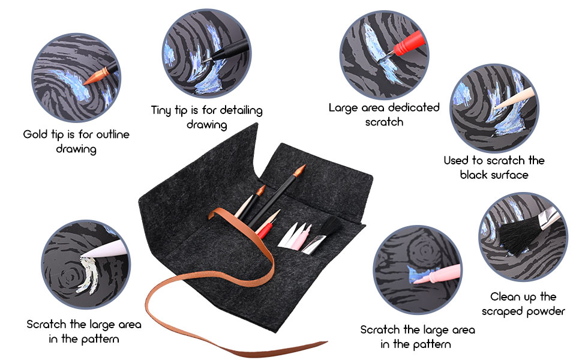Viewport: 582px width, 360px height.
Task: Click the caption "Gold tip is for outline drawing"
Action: click(76, 141)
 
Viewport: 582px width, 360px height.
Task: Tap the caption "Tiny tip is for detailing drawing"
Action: click(206, 117)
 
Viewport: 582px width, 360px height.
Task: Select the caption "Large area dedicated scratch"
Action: click(384, 114)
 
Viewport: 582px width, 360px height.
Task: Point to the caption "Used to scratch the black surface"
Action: click(494, 167)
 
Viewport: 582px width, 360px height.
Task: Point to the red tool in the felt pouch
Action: click(265, 230)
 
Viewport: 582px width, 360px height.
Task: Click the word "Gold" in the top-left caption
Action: click(35, 134)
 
